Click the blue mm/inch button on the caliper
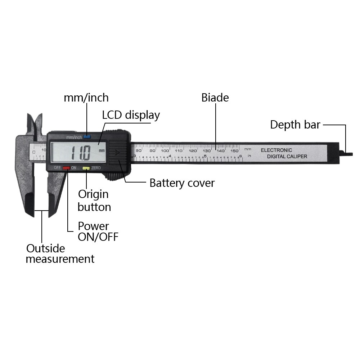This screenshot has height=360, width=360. pos(87,137)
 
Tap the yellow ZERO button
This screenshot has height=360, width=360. pos(86,168)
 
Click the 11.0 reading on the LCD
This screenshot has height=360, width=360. pos(81,153)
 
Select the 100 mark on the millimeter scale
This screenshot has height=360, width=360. pos(165,150)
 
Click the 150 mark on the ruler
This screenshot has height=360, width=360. pos(235,150)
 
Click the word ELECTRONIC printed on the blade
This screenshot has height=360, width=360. pos(276,150)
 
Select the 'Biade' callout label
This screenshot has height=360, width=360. pos(215,98)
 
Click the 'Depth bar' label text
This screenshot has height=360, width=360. pos(295,125)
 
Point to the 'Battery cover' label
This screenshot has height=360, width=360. pos(182,183)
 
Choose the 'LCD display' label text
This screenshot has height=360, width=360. pos(131,115)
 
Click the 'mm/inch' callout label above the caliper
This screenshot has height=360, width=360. pos(86,98)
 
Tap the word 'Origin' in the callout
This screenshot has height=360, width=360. pos(93,194)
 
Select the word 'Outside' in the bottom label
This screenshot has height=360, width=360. pos(46,248)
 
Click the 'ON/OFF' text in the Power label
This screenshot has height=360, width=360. pos(98,237)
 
